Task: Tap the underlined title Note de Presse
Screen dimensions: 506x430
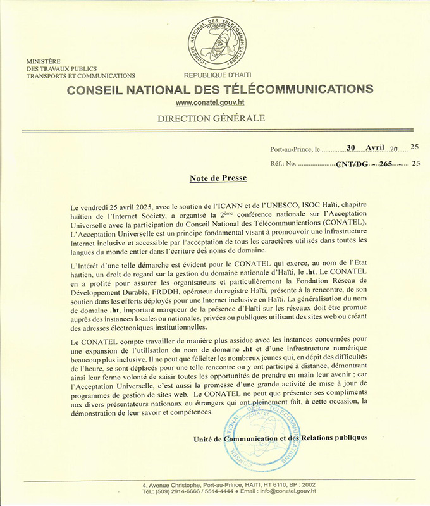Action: click(218, 178)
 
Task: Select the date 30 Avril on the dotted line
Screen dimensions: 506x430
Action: click(367, 147)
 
